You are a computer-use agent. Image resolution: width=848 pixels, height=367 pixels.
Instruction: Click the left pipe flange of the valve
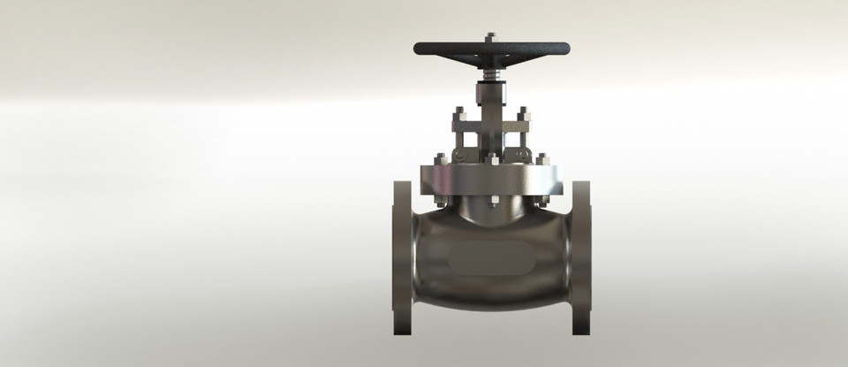[402, 256]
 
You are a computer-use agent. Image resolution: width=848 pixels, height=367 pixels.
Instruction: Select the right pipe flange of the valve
[580, 256]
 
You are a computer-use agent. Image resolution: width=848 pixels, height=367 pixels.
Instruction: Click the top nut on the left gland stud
[459, 113]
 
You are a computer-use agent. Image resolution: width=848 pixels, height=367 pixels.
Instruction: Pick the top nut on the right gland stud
[523, 113]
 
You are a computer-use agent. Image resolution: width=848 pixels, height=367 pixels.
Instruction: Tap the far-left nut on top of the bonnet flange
[440, 160]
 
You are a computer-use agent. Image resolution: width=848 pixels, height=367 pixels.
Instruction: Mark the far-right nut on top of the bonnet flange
[542, 160]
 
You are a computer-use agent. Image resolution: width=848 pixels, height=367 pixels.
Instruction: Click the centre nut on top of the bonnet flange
[491, 159]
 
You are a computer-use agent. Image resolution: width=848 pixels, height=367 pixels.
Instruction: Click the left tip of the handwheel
[417, 48]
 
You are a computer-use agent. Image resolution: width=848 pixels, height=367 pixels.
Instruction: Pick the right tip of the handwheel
[566, 48]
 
